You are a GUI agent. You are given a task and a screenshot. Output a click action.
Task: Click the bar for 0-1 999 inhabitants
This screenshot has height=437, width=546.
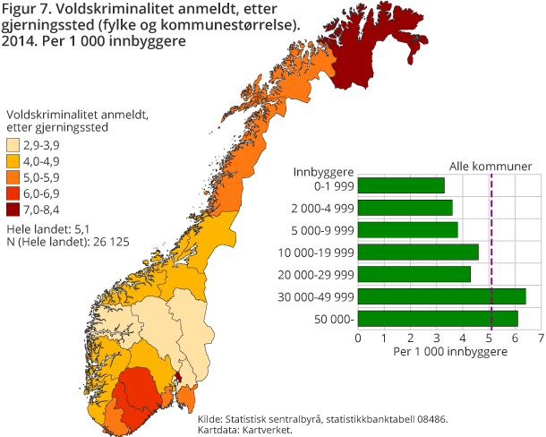tap(401, 185)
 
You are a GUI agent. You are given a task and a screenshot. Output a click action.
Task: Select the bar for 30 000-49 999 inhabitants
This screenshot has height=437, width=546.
tap(441, 296)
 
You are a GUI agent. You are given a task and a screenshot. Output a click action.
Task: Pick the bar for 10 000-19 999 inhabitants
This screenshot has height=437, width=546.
tap(418, 252)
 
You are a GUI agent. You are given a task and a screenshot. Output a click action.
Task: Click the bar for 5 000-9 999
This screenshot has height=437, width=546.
tap(407, 229)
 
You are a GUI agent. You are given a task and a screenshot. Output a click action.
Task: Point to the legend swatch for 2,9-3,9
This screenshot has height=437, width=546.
tap(14, 145)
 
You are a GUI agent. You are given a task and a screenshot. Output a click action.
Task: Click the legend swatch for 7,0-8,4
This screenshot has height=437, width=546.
tap(14, 210)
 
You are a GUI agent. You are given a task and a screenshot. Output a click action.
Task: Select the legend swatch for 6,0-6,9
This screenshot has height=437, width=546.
tap(14, 193)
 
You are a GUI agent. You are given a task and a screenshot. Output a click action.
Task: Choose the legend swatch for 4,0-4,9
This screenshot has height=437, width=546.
tap(14, 161)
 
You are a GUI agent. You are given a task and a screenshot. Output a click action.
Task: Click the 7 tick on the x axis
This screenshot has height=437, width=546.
tap(541, 338)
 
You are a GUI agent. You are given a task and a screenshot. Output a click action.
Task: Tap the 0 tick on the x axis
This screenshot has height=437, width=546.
tap(358, 338)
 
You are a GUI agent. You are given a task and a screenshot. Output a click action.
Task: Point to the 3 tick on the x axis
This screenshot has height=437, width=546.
tap(436, 338)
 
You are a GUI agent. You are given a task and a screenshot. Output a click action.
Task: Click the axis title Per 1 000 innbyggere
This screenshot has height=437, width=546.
tap(449, 352)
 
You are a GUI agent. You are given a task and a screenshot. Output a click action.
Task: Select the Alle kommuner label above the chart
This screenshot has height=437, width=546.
tap(491, 166)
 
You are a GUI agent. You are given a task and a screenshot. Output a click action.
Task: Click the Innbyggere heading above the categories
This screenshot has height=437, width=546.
tap(323, 170)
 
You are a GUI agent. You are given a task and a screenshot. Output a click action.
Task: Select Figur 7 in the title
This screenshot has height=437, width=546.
tap(24, 9)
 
